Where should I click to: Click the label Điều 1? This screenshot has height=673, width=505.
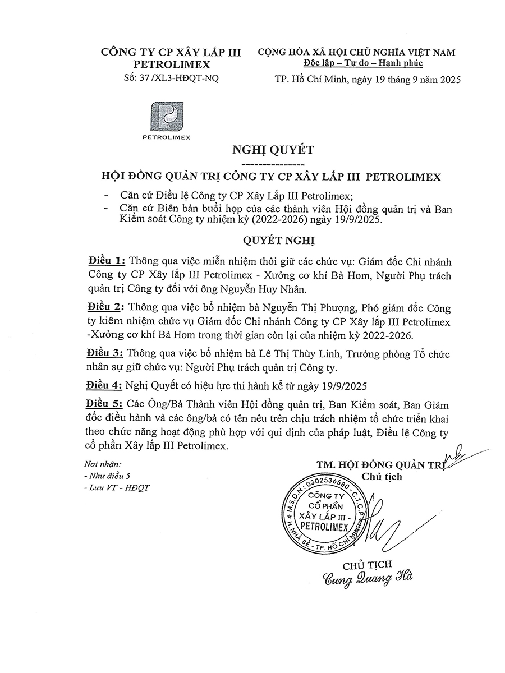point(107,262)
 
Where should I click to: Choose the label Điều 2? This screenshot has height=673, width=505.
point(107,308)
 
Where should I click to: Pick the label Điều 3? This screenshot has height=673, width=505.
point(107,354)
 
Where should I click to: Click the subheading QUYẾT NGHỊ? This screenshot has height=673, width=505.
point(279,241)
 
